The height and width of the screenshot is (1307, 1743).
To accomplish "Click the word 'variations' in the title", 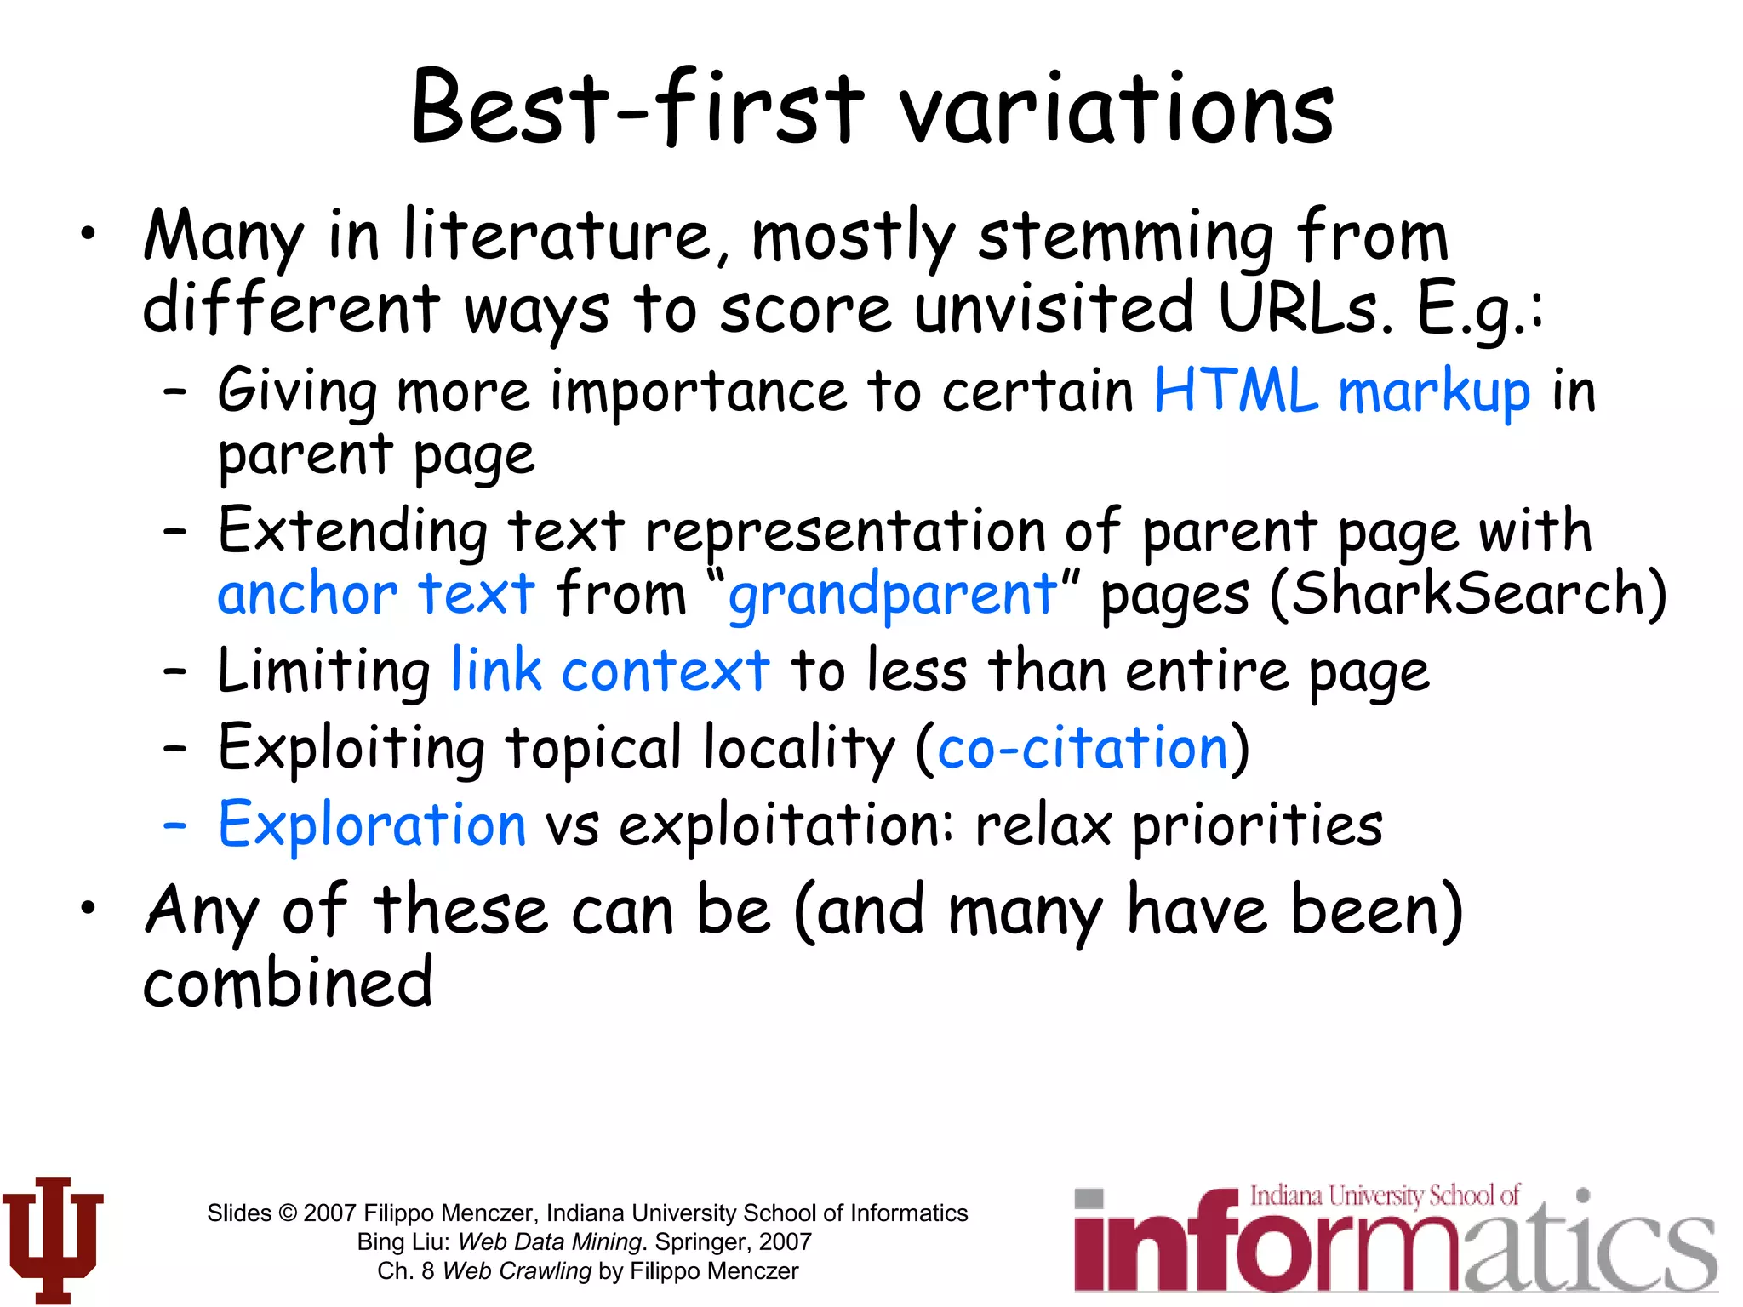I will click(x=1117, y=111).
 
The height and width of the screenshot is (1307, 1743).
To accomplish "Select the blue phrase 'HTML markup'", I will click(x=1341, y=392).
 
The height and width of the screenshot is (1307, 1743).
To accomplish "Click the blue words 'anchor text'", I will click(x=376, y=594).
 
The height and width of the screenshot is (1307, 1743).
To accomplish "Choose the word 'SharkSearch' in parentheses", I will click(x=1469, y=594).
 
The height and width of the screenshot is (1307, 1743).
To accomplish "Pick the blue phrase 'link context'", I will click(x=609, y=671).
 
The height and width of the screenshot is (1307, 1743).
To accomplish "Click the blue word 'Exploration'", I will click(x=372, y=825).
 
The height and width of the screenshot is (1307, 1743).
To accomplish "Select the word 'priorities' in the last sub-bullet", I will click(x=1257, y=825).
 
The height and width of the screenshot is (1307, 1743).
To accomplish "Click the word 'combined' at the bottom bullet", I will click(x=288, y=983).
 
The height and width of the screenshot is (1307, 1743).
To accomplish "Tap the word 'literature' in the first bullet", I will click(x=557, y=236).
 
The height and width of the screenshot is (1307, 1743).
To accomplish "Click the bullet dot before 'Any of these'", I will click(x=89, y=908).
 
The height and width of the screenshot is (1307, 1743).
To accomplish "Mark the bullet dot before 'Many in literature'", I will click(x=89, y=232).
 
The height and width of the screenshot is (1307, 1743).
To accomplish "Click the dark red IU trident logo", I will click(x=53, y=1238).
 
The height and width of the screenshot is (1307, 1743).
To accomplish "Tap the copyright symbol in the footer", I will click(x=288, y=1213).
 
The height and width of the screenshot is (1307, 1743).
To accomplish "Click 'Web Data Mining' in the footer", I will click(x=549, y=1242).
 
